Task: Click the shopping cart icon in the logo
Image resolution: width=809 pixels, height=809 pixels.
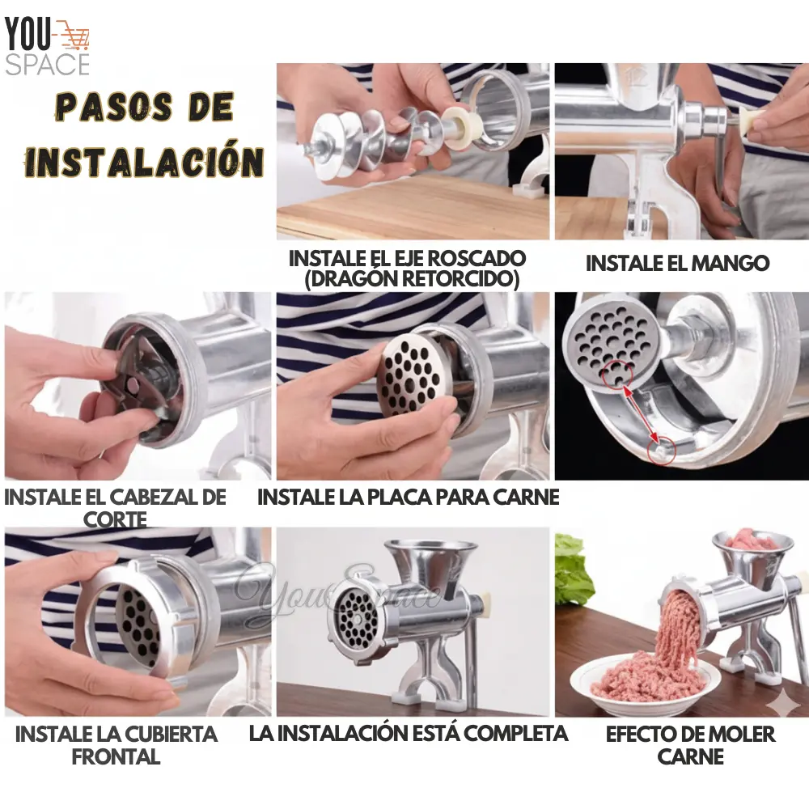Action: point(74,35)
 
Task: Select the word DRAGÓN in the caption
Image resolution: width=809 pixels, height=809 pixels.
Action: point(352,278)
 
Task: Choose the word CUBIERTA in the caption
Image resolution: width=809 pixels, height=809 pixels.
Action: point(166,735)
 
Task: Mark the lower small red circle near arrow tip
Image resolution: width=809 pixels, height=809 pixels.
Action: point(661,451)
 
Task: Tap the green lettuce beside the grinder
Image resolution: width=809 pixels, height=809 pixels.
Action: point(574,568)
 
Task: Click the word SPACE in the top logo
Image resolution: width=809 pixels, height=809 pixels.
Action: point(48,65)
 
